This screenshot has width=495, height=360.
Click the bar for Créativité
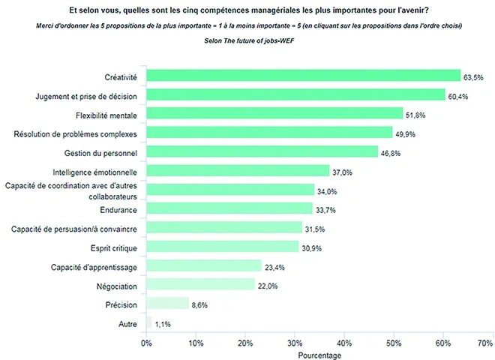(303, 76)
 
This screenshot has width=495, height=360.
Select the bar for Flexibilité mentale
(274, 114)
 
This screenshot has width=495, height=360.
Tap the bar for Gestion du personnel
(262, 151)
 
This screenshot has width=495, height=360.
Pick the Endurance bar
(229, 208)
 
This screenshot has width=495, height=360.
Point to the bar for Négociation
(200, 284)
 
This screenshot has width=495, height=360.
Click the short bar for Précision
(167, 304)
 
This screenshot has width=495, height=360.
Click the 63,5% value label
(474, 76)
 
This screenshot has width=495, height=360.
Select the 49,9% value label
(406, 133)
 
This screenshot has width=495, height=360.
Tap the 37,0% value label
(343, 172)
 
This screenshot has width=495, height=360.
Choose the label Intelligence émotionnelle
(94, 171)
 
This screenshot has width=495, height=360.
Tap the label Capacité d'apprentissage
(94, 266)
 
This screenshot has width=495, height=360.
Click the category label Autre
(128, 323)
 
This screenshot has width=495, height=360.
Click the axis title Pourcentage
(319, 354)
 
